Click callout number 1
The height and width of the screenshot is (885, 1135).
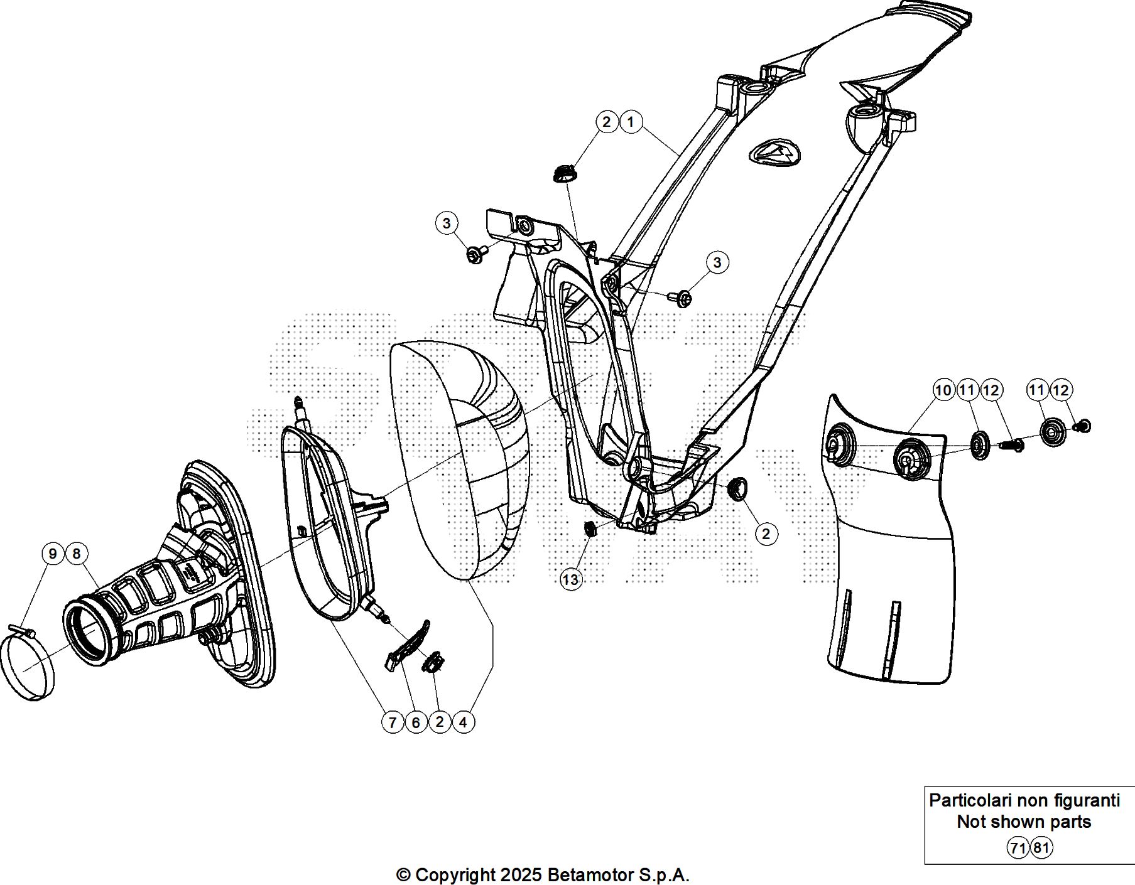tap(631, 122)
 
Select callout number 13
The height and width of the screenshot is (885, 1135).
tap(571, 579)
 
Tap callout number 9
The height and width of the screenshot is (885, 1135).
tap(53, 554)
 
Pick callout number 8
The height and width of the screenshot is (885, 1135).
tap(77, 554)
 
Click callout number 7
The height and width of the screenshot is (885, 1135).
tap(393, 722)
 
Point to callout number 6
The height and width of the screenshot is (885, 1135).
tap(416, 722)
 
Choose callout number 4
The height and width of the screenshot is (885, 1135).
tap(463, 722)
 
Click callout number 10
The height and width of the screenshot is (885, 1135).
tap(943, 390)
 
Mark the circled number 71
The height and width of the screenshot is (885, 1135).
tap(1018, 849)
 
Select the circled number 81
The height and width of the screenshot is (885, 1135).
tap(1041, 849)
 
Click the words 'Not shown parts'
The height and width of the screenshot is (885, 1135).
tap(1024, 822)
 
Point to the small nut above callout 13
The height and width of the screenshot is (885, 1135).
tap(590, 529)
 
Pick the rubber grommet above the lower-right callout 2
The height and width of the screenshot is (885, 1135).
tap(737, 488)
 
